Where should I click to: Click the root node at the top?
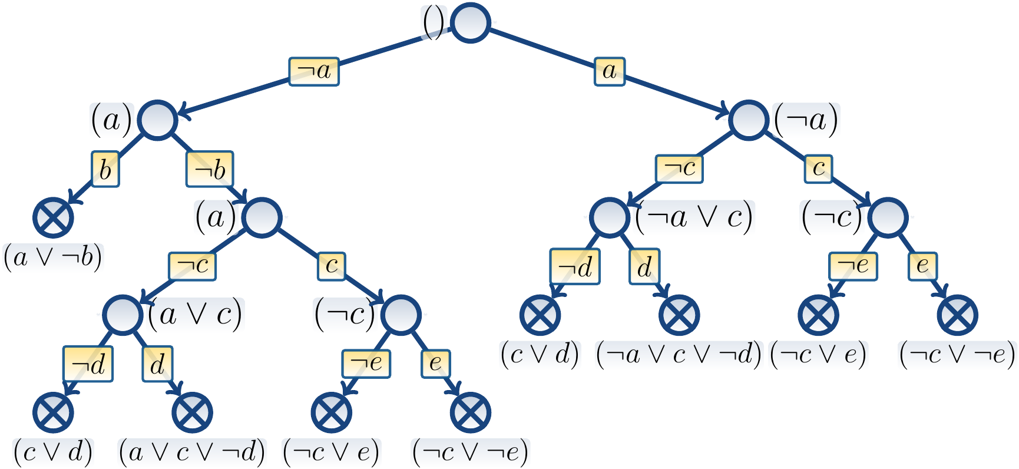470,23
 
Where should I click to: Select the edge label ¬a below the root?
314,71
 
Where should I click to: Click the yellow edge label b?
105,169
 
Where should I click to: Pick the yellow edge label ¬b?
210,170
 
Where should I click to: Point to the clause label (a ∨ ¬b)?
53,257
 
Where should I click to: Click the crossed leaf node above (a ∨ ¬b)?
53,217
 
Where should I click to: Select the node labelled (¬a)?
749,120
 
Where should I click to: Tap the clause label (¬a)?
806,120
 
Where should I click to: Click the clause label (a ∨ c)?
195,314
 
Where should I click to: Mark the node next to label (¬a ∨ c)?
609,217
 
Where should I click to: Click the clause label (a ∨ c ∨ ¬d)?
192,453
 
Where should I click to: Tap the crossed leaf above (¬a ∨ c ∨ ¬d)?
679,314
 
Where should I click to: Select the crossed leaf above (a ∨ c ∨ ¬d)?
192,412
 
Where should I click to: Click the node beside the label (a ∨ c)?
123,314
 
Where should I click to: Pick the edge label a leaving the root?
609,71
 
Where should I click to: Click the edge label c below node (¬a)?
818,169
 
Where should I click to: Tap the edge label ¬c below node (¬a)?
679,169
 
